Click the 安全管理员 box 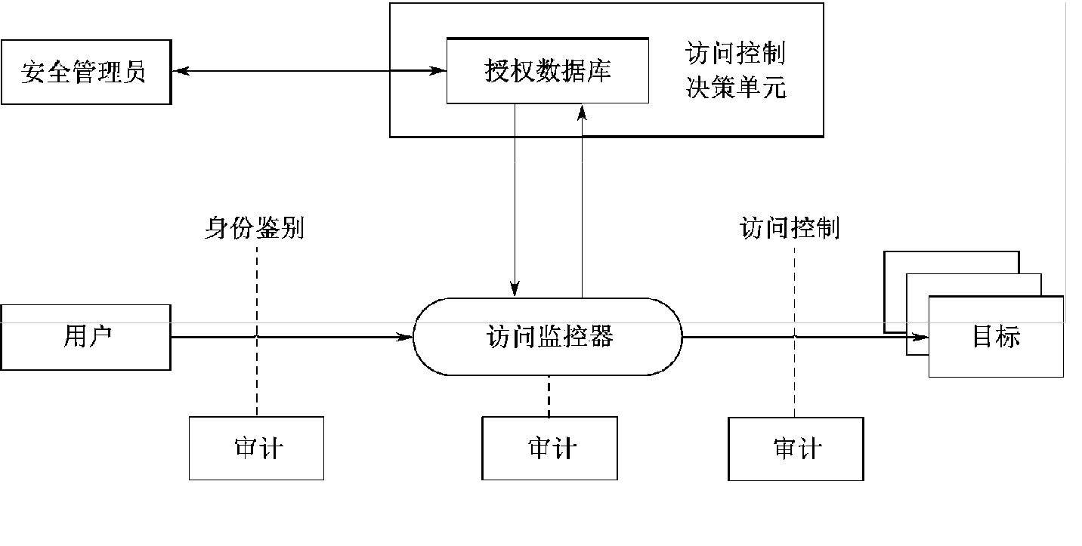click(85, 72)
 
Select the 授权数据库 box click(547, 71)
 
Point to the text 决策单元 click(736, 88)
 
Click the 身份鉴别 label click(254, 227)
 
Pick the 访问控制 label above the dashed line click(790, 227)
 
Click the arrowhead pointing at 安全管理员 click(179, 72)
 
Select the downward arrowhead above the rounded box click(515, 289)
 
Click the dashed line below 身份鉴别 click(257, 283)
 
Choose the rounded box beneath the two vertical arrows click(548, 311)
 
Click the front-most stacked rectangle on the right click(995, 310)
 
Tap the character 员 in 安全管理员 click(134, 72)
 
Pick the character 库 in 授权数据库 click(599, 70)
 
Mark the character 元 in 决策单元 click(774, 88)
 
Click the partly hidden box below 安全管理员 click(85, 314)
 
